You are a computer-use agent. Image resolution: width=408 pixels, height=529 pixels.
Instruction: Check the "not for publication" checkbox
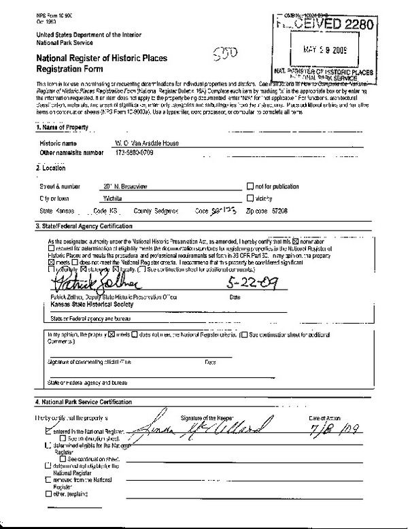tap(250, 186)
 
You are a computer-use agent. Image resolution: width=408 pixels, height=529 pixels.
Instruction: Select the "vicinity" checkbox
tap(250, 198)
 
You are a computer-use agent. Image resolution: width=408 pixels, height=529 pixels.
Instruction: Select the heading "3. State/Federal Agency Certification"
tap(84, 226)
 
